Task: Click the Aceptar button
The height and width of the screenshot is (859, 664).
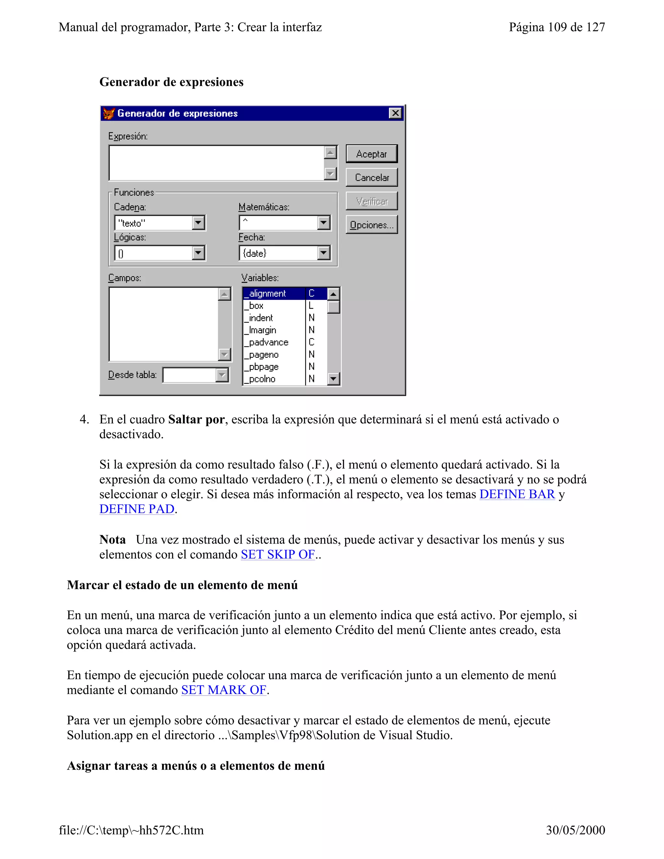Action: pyautogui.click(x=371, y=154)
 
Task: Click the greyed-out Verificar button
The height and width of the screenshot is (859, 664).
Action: pyautogui.click(x=371, y=201)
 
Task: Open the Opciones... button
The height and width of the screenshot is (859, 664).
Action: pyautogui.click(x=371, y=225)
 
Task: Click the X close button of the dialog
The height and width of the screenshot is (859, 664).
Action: pyautogui.click(x=395, y=113)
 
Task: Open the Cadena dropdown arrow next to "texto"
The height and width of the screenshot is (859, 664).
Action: pyautogui.click(x=198, y=223)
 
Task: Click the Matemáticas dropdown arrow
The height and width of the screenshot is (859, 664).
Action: pyautogui.click(x=323, y=223)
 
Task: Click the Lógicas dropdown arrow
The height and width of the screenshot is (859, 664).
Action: pyautogui.click(x=198, y=253)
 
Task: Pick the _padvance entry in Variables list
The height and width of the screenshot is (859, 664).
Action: pyautogui.click(x=269, y=342)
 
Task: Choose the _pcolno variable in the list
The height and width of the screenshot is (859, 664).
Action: pyautogui.click(x=262, y=379)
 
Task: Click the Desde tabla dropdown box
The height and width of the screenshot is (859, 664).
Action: pyautogui.click(x=196, y=375)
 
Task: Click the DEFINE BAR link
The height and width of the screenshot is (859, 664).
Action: pyautogui.click(x=517, y=494)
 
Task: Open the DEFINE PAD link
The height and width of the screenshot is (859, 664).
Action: pyautogui.click(x=137, y=509)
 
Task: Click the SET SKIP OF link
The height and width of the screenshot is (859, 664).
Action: pyautogui.click(x=278, y=554)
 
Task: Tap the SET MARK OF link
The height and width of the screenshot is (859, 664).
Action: pyautogui.click(x=224, y=690)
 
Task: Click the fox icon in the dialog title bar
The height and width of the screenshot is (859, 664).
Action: pyautogui.click(x=109, y=114)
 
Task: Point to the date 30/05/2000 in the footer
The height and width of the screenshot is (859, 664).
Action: pyautogui.click(x=575, y=830)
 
